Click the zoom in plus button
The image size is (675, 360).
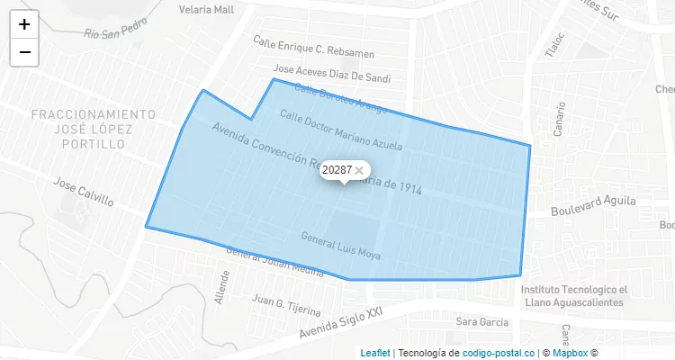click(24, 24)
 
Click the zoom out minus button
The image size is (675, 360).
click(24, 52)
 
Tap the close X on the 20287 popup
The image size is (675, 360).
click(359, 170)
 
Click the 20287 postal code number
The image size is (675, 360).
click(337, 170)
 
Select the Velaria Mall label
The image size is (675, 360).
click(206, 10)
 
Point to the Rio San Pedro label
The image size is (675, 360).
click(114, 31)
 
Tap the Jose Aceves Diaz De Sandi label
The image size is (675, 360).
click(332, 74)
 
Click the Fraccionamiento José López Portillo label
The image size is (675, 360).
click(93, 130)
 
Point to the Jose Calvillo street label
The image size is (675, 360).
click(84, 191)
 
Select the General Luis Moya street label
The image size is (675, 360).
click(340, 245)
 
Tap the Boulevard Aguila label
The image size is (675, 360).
click(594, 204)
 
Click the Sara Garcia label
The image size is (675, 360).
click(482, 321)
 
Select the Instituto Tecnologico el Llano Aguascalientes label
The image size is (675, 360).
click(572, 296)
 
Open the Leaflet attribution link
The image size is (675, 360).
click(375, 353)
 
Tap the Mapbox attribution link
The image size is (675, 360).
click(570, 353)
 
